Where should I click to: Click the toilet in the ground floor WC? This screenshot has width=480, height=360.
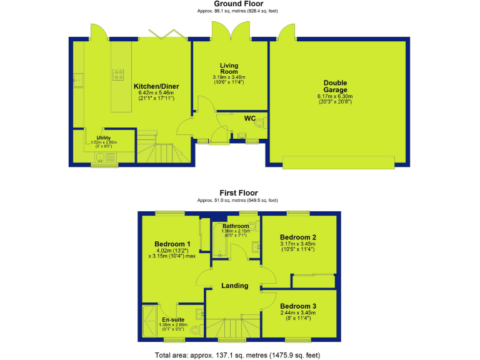pyautogui.click(x=259, y=124)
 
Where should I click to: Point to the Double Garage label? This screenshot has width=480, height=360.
pyautogui.click(x=335, y=86)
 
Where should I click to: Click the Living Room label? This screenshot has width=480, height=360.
pyautogui.click(x=229, y=68)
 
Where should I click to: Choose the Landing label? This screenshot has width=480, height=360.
pyautogui.click(x=235, y=286)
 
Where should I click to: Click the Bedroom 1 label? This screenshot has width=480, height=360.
pyautogui.click(x=172, y=244)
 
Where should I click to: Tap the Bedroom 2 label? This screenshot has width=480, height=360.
pyautogui.click(x=297, y=237)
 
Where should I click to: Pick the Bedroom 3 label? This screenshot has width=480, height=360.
pyautogui.click(x=297, y=306)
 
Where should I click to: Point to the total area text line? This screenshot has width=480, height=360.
pyautogui.click(x=237, y=355)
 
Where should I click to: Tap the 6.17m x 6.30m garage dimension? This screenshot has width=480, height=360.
pyautogui.click(x=335, y=96)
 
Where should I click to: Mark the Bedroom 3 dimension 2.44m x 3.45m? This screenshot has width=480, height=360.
pyautogui.click(x=297, y=314)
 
